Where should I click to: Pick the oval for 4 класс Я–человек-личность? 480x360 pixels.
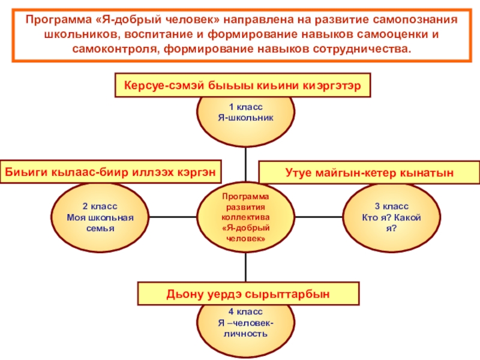tap(245, 324)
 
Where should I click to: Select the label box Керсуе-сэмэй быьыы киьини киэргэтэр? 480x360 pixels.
tap(242, 86)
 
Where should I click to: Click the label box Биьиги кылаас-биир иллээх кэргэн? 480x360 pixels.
tap(110, 171)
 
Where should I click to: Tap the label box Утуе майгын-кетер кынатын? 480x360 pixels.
tap(369, 173)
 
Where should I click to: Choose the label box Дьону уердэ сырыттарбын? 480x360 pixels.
tap(248, 294)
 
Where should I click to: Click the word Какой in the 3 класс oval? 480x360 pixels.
tap(409, 217)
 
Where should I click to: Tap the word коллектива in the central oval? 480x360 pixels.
tap(245, 217)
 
